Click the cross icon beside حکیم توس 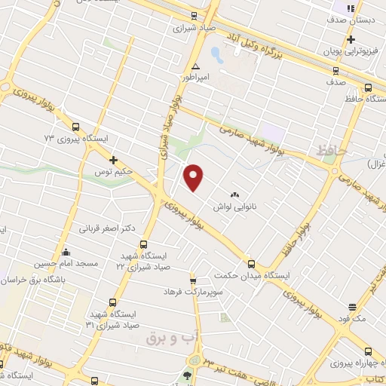(x=113, y=160)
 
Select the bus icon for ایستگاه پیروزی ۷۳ (x=74, y=127)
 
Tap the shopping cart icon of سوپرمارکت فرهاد (x=192, y=280)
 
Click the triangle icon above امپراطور (x=196, y=66)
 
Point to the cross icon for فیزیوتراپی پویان (x=351, y=39)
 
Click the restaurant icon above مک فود (x=353, y=307)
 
